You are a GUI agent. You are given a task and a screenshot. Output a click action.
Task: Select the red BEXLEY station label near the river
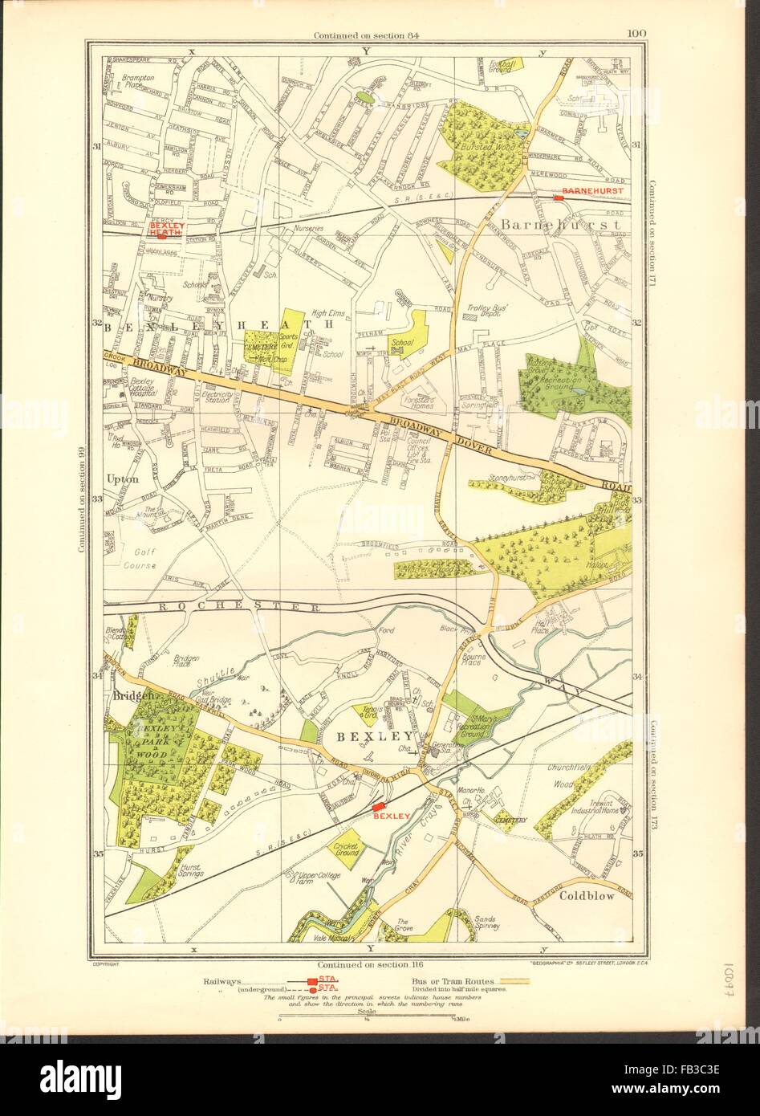point(392,816)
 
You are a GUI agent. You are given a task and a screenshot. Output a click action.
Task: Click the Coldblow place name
point(587,896)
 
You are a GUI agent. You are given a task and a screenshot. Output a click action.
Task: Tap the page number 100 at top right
point(637,33)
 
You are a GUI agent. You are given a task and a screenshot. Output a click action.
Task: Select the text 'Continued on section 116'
point(368,964)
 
